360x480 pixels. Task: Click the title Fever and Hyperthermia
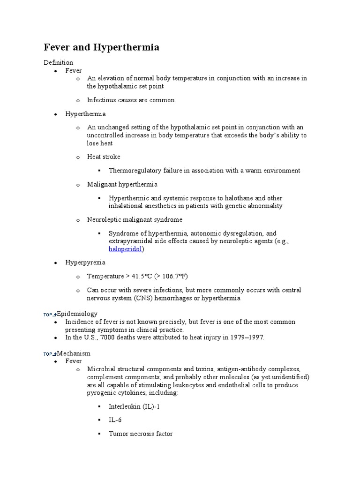pyautogui.click(x=101, y=47)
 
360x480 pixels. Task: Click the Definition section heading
pyautogui.click(x=59, y=62)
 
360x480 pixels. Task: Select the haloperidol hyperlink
pyautogui.click(x=126, y=249)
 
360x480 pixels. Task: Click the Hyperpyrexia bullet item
pyautogui.click(x=85, y=262)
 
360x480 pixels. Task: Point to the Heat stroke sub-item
pyautogui.click(x=104, y=157)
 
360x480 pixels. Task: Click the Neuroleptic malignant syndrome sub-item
pyautogui.click(x=135, y=219)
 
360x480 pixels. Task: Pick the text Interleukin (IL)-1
pyautogui.click(x=134, y=406)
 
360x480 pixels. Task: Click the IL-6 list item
pyautogui.click(x=115, y=420)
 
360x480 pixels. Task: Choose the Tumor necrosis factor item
pyautogui.click(x=141, y=434)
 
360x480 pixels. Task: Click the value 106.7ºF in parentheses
pyautogui.click(x=172, y=276)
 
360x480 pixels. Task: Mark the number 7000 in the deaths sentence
pyautogui.click(x=106, y=337)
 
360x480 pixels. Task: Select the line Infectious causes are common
pyautogui.click(x=131, y=100)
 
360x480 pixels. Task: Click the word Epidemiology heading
pyautogui.click(x=77, y=314)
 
